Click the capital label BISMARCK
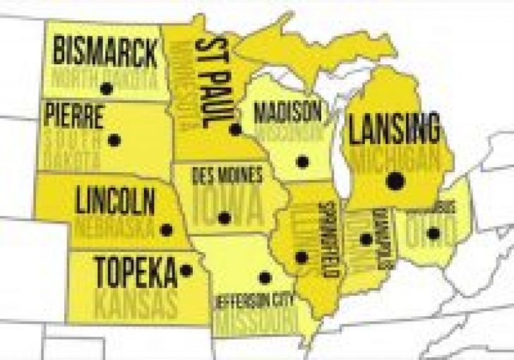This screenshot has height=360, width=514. pyautogui.click(x=105, y=52)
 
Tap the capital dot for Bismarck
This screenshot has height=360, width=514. pyautogui.click(x=107, y=88)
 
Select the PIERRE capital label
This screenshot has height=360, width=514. pyautogui.click(x=73, y=116)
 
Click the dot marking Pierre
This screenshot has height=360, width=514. pyautogui.click(x=114, y=140)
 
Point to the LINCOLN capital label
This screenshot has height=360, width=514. pyautogui.click(x=115, y=203)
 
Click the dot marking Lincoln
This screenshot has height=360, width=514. pyautogui.click(x=166, y=229)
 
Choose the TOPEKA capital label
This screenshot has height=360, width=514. pyautogui.click(x=136, y=272)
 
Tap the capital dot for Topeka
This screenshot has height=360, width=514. pyautogui.click(x=186, y=270)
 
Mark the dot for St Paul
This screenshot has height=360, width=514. pyautogui.click(x=235, y=129)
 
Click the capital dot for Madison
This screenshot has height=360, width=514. pyautogui.click(x=302, y=162)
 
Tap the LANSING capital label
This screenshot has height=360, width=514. pyautogui.click(x=394, y=131)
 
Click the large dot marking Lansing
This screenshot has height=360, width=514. pyautogui.click(x=395, y=181)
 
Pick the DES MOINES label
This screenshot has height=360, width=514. pyautogui.click(x=228, y=175)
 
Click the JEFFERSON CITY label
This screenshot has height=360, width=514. pyautogui.click(x=254, y=300)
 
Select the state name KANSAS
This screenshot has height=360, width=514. pyautogui.click(x=136, y=306)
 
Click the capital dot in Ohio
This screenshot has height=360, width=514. pyautogui.click(x=434, y=233)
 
